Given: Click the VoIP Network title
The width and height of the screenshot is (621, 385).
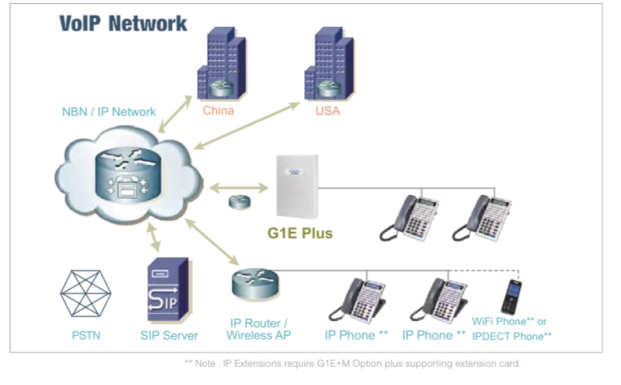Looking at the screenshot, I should click(124, 23).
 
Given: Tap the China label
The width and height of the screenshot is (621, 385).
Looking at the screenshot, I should click(218, 110).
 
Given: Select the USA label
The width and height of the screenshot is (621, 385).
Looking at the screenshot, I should click(327, 110).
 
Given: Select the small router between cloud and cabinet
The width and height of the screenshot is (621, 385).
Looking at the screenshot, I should click(240, 202).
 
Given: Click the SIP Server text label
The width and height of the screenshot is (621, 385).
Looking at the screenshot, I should click(169, 335).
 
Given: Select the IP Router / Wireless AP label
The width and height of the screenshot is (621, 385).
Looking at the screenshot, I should click(256, 330).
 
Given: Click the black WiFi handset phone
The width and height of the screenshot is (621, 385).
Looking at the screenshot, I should click(510, 297).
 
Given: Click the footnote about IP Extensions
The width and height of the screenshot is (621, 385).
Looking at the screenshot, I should click(352, 364).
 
